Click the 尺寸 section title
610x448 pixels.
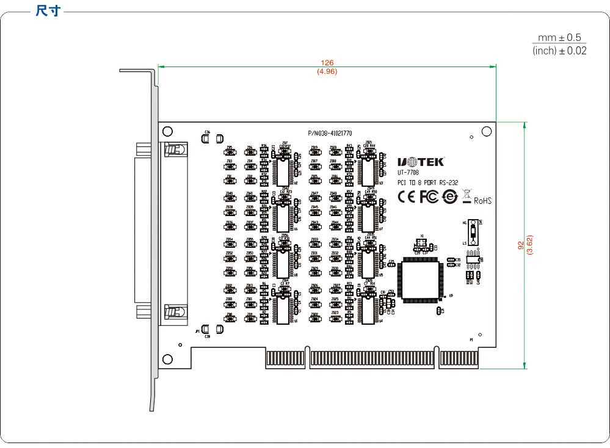(x=48, y=10)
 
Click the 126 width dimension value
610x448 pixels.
(x=327, y=63)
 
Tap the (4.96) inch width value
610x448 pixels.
(x=327, y=71)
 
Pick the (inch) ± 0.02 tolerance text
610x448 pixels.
(x=559, y=51)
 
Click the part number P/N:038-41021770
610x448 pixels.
(x=330, y=132)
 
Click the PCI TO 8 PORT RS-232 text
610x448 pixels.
(x=427, y=182)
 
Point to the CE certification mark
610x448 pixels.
(x=406, y=197)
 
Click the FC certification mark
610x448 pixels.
(x=429, y=197)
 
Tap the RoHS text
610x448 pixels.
(x=482, y=200)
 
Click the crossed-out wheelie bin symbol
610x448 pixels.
(x=467, y=196)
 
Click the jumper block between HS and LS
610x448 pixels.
(x=473, y=232)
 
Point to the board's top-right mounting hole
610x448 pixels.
(x=487, y=131)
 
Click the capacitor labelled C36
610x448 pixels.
(x=207, y=139)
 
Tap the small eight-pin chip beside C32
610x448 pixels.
(x=473, y=259)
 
